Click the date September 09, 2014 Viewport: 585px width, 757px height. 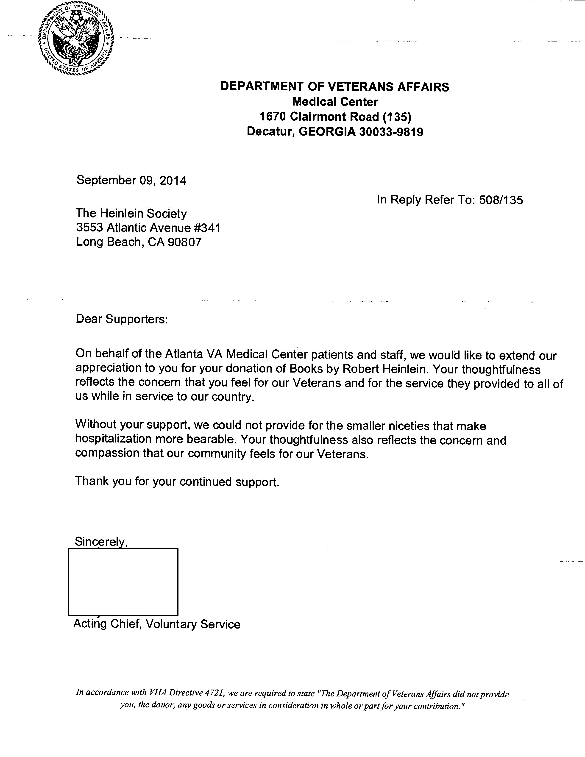tap(131, 181)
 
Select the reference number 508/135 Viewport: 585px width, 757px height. tap(501, 200)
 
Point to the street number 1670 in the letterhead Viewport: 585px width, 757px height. tap(273, 117)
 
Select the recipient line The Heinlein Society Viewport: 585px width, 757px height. tap(131, 214)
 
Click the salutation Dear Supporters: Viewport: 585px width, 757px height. tap(122, 319)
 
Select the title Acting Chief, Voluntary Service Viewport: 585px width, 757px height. tap(157, 624)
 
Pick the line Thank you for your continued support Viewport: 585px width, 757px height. tap(177, 481)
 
